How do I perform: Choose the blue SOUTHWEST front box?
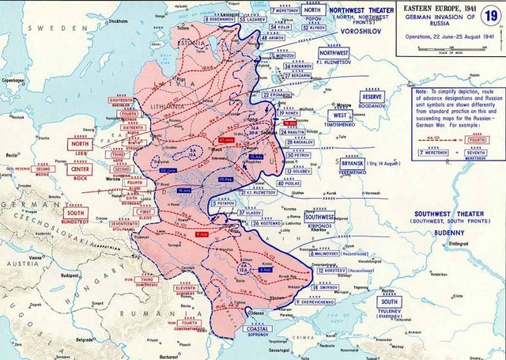(x=319, y=215)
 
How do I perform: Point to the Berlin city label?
(x=10, y=156)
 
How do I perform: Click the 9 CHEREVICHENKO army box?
(x=322, y=301)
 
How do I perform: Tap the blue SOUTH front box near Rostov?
(x=389, y=301)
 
